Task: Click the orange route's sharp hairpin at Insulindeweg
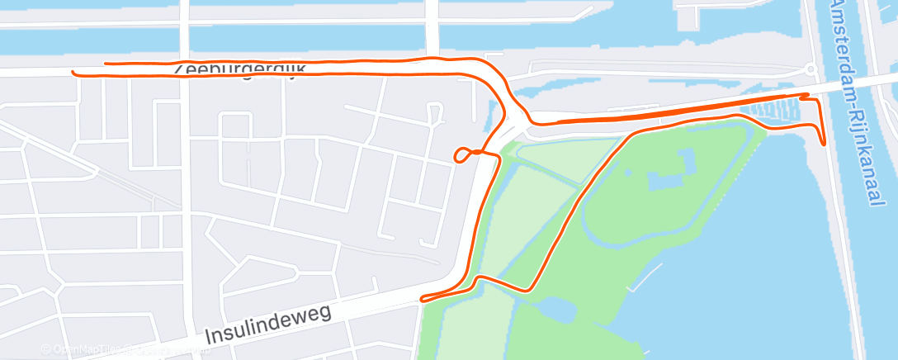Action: click(x=423, y=299)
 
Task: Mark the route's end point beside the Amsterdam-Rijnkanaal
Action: click(x=825, y=144)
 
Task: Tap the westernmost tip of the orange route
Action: click(x=73, y=72)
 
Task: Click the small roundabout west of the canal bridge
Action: click(x=811, y=69)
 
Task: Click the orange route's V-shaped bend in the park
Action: click(x=528, y=289)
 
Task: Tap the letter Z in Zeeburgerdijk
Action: click(x=180, y=69)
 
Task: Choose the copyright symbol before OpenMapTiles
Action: click(x=46, y=350)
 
